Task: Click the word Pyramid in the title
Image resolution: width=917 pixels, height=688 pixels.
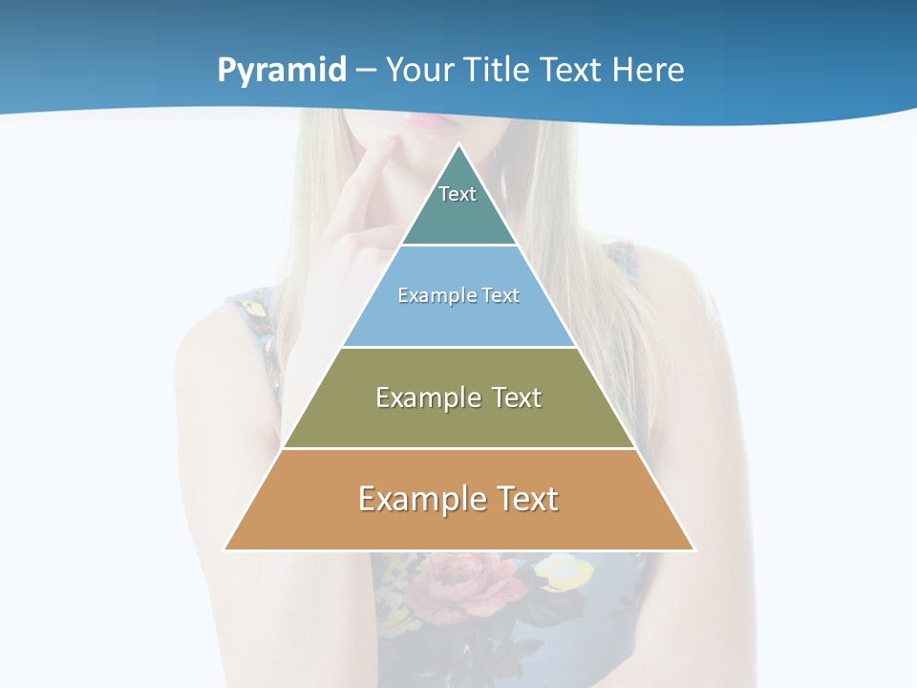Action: [x=281, y=71]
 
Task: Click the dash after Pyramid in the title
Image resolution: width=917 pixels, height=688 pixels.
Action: [x=365, y=71]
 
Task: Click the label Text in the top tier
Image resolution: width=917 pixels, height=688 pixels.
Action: [x=458, y=194]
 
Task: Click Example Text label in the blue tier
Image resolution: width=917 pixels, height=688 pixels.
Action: [x=458, y=295]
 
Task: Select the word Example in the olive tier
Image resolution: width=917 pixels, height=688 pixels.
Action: [x=427, y=398]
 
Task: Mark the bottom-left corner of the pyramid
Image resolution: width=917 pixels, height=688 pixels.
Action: [x=225, y=549]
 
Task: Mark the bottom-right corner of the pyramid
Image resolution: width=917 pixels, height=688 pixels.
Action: [x=693, y=549]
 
